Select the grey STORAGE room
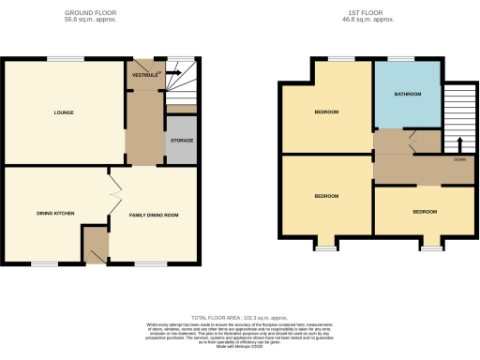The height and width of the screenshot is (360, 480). click(x=182, y=141)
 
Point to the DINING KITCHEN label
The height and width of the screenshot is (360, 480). click(x=43, y=214)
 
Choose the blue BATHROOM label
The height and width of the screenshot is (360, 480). click(x=408, y=95)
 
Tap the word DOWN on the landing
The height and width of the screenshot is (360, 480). click(x=459, y=159)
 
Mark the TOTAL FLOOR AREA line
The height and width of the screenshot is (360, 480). click(x=240, y=319)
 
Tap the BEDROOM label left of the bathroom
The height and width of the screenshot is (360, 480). click(x=326, y=112)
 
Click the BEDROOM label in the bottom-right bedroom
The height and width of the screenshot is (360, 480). click(x=425, y=212)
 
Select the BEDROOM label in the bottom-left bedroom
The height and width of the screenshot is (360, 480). click(x=326, y=196)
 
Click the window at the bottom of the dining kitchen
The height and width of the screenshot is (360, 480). click(x=43, y=264)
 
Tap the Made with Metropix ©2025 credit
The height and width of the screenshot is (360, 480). click(x=240, y=345)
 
